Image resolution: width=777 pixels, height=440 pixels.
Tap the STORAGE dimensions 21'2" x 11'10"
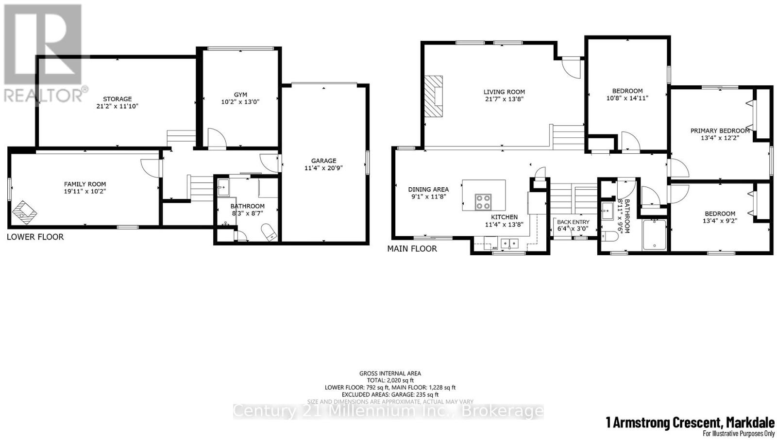click(x=117, y=106)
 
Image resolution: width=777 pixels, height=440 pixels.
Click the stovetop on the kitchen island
click(x=483, y=201)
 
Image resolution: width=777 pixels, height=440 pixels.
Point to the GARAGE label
click(x=323, y=161)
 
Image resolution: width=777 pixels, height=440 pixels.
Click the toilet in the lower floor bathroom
click(x=269, y=231)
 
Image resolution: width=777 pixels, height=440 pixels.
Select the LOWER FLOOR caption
click(x=35, y=237)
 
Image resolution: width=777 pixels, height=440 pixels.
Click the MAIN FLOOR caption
click(x=412, y=248)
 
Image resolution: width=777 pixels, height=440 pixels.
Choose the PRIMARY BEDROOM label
click(x=720, y=130)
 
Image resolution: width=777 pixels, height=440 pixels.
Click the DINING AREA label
click(x=428, y=189)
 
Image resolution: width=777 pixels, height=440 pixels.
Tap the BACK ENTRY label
click(x=573, y=222)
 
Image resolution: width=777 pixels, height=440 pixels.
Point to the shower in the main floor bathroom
click(x=655, y=235)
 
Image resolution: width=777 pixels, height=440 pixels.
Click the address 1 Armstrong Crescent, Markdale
click(x=690, y=423)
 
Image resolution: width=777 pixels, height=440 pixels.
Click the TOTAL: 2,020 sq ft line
click(x=389, y=380)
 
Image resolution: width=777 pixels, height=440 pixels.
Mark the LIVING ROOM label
click(x=504, y=92)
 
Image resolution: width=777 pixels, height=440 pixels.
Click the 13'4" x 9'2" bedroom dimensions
click(x=720, y=221)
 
